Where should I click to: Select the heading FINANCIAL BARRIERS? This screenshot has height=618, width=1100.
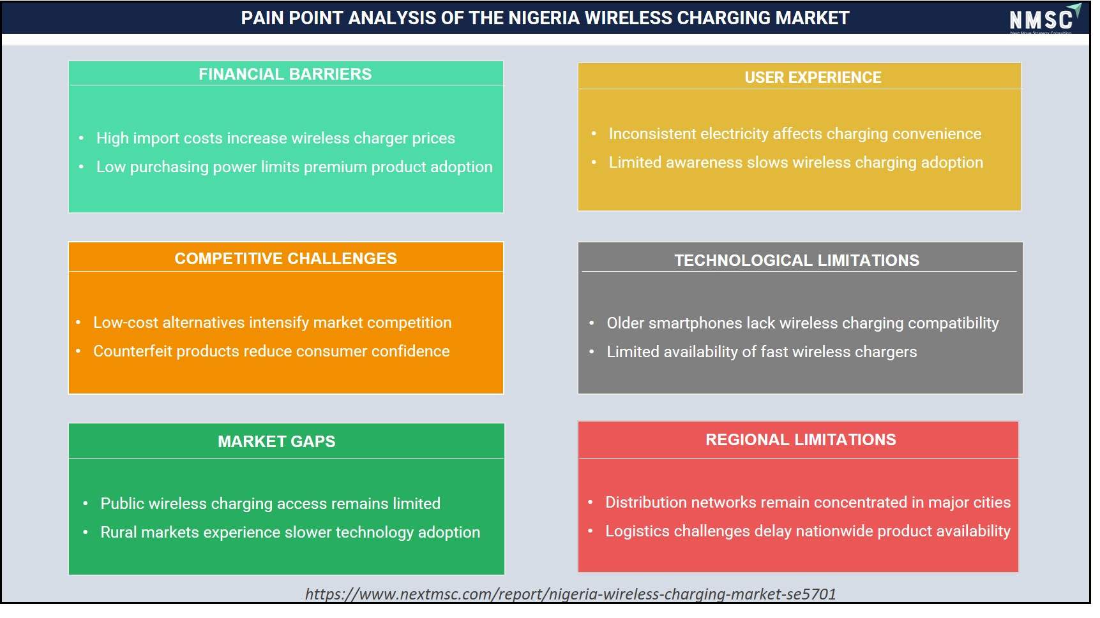click(285, 74)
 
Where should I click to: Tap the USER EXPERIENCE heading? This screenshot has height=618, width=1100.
click(813, 77)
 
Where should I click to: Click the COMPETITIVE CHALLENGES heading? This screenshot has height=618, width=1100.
click(285, 258)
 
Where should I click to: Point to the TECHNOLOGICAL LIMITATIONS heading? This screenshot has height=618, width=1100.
click(797, 260)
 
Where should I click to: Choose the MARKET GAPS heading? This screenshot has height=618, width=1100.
click(276, 441)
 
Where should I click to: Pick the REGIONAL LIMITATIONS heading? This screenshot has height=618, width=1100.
click(801, 439)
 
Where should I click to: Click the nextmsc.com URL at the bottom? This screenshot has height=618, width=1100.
click(570, 594)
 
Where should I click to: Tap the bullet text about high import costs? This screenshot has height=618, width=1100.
click(276, 138)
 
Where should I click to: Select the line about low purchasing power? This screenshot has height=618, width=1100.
click(294, 167)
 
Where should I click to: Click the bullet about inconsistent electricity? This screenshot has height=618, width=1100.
click(795, 134)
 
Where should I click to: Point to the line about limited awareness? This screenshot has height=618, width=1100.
click(795, 163)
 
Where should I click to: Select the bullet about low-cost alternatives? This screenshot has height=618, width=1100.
click(273, 323)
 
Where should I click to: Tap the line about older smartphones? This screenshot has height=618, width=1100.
click(802, 323)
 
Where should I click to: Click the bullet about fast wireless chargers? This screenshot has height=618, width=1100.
click(762, 352)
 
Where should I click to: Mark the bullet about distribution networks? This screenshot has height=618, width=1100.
click(808, 503)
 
